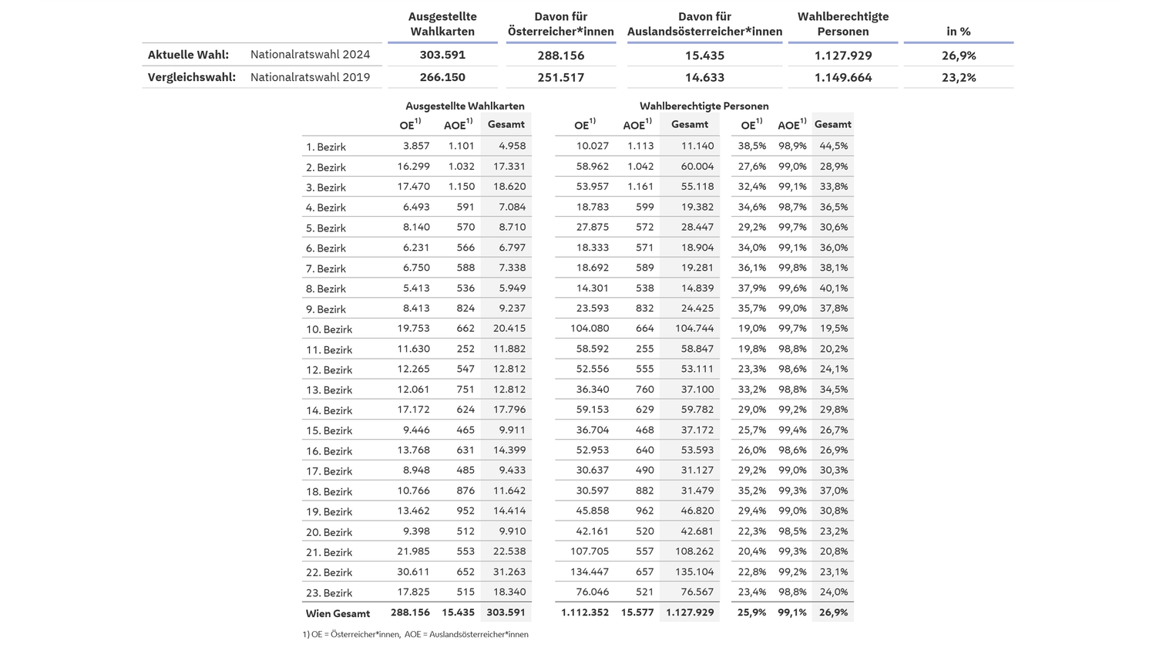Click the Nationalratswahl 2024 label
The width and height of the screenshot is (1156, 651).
point(310,55)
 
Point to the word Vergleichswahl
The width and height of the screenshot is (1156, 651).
point(191,77)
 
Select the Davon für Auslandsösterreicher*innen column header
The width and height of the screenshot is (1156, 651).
point(704,24)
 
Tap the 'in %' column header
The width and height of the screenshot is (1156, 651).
point(958,32)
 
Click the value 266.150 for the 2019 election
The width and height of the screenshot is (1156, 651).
point(442,77)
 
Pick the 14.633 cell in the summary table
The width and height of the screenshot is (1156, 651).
point(704,77)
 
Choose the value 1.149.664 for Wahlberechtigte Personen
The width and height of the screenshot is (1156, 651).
point(843,77)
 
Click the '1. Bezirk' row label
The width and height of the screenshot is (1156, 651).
point(325,147)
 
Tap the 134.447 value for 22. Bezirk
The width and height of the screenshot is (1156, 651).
point(589,572)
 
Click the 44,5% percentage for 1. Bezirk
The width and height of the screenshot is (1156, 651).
point(833,146)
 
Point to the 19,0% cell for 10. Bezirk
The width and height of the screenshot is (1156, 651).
point(752,328)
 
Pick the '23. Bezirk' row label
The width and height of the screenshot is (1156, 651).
point(328,592)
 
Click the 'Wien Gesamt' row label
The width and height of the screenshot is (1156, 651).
point(338,613)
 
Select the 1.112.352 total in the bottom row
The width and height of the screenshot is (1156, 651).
point(584,612)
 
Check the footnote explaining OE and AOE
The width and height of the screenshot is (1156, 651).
point(415,634)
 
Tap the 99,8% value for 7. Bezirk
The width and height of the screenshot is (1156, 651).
point(792,268)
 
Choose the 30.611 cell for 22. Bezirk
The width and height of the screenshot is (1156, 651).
point(413,572)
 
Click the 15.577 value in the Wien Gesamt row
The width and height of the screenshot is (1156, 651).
point(637,612)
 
